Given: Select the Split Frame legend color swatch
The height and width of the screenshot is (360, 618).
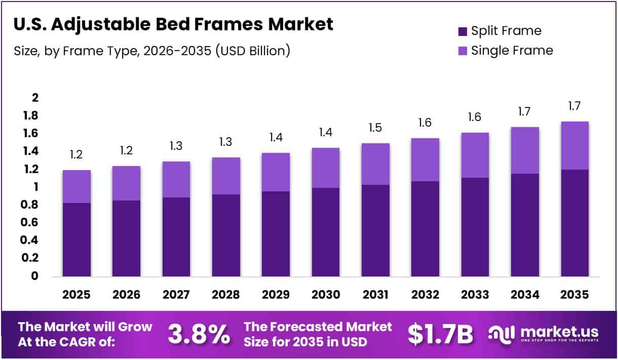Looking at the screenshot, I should point(462,31).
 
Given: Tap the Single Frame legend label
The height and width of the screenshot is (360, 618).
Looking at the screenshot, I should point(512,51).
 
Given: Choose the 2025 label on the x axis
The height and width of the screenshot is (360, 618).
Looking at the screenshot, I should point(76,295).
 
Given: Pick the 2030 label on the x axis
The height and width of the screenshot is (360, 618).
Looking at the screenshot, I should point(326,295).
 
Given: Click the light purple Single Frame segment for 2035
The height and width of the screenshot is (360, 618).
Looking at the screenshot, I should point(574,146).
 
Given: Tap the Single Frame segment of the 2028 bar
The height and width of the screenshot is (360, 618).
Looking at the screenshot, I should point(226,176).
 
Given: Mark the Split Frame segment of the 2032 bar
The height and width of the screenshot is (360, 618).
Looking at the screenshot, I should point(425,228).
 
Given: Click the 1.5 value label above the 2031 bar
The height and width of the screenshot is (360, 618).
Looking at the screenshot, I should point(375,129).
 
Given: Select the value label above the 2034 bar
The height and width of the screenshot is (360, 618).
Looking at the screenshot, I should point(525,112).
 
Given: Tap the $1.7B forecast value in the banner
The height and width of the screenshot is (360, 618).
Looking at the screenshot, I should point(440,334).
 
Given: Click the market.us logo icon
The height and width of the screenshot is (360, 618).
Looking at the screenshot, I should point(502,334).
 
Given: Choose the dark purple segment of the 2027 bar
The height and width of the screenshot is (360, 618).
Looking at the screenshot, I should point(176,236).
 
